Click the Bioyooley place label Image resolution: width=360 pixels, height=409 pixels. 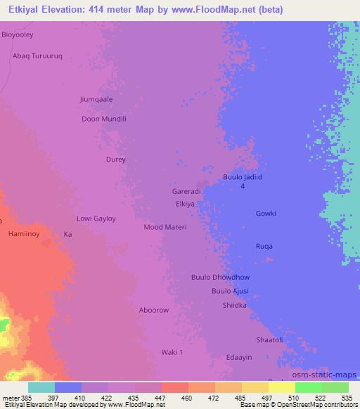click(18, 34)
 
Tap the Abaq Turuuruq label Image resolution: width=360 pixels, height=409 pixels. click(38, 56)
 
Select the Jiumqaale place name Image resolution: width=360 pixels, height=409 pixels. click(96, 99)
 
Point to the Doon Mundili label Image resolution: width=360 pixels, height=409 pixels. click(104, 119)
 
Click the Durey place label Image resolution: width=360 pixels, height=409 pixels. click(115, 160)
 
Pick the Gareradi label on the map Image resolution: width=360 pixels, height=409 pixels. click(186, 191)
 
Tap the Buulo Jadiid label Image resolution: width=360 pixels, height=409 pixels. click(243, 177)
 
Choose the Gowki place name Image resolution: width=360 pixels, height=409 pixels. click(266, 214)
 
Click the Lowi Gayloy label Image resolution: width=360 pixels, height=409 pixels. click(96, 219)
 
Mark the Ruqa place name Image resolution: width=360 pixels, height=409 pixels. click(264, 246)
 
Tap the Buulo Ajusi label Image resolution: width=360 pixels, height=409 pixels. click(230, 291)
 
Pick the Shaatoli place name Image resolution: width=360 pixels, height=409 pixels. click(269, 340)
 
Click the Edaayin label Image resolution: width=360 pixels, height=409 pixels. click(239, 358)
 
